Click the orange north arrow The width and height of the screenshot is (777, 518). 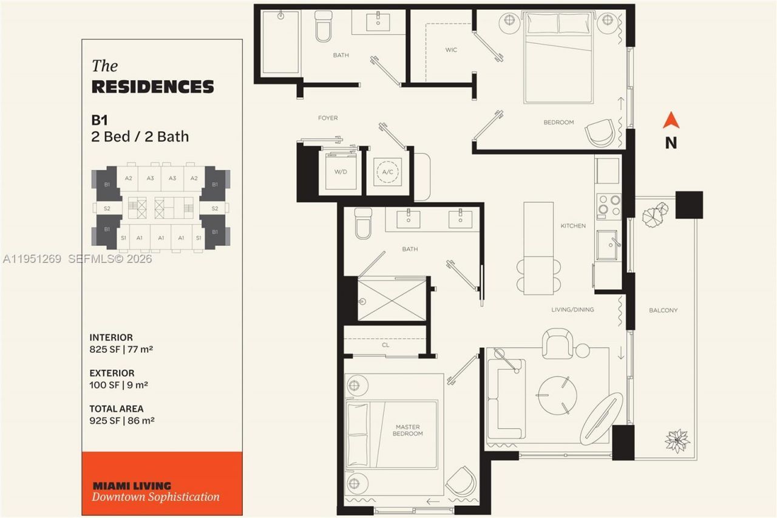click(x=671, y=121)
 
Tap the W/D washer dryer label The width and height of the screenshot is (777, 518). click(x=341, y=172)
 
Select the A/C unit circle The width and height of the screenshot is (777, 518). click(x=387, y=172)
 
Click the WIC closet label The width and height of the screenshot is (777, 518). click(x=451, y=50)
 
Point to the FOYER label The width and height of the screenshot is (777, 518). click(x=328, y=118)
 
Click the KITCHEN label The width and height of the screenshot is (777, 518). click(x=573, y=226)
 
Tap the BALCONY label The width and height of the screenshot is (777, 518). click(x=663, y=310)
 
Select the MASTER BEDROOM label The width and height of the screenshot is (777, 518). click(x=407, y=430)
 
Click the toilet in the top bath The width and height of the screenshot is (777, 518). click(x=322, y=27)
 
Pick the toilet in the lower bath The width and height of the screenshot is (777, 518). click(x=363, y=223)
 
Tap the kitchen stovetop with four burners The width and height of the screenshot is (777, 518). click(x=608, y=205)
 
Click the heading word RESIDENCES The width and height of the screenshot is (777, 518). click(x=152, y=87)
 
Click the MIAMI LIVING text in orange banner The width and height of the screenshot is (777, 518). click(x=132, y=486)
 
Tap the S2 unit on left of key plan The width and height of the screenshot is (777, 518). click(x=107, y=208)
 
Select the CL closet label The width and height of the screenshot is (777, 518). click(x=385, y=345)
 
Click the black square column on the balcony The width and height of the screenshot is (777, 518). click(x=689, y=205)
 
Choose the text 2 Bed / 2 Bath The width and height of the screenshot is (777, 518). click(x=140, y=137)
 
